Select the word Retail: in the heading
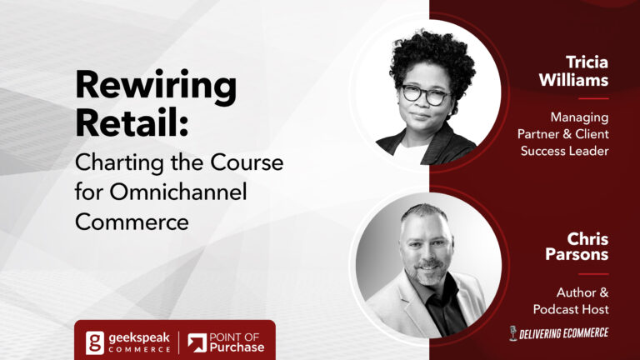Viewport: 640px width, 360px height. coord(132,122)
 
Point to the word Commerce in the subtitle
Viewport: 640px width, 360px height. coord(132,222)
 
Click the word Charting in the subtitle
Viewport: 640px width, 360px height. coord(120,163)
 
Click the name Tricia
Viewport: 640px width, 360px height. coord(587,62)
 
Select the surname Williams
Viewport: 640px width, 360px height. coord(573,80)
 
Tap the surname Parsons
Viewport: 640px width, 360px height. coord(577,254)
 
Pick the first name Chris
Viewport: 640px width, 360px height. coord(587,239)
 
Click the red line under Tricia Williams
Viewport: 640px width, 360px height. coord(593,98)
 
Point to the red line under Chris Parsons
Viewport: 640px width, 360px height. coord(593,274)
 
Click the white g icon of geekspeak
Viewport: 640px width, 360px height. coord(95,342)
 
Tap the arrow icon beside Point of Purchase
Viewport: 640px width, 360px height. coord(197,342)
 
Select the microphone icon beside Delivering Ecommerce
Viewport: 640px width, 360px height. coord(513,333)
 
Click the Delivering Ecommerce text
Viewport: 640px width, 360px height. coord(563,333)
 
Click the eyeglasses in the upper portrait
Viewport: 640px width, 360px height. coord(425,94)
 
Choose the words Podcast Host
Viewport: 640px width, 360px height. coord(571,309)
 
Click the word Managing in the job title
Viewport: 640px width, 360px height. coord(579,117)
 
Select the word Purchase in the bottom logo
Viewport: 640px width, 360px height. coord(237,347)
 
